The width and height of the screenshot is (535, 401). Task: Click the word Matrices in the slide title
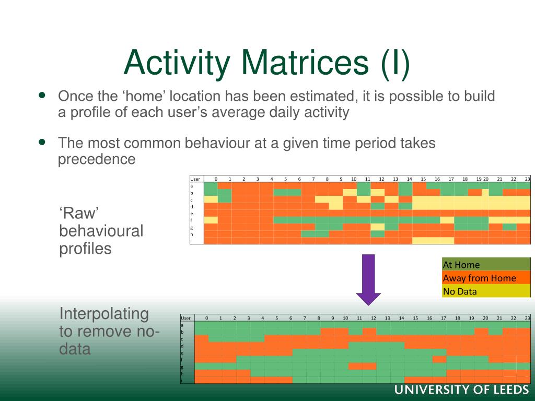point(305,63)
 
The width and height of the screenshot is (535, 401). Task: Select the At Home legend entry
point(486,264)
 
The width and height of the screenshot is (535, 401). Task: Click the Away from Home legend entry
point(486,278)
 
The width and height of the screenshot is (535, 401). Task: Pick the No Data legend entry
point(486,291)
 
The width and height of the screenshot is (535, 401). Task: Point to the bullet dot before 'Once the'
point(42,95)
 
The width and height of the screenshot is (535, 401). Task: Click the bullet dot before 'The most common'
point(42,142)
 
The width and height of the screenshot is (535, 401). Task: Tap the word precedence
point(97,159)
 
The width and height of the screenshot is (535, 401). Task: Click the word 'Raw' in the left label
point(79,213)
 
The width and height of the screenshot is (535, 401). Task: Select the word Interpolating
point(104,314)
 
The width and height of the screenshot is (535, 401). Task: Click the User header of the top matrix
point(195,179)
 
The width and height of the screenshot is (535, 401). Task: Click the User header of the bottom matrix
point(185,318)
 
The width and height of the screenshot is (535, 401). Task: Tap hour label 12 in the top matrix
point(381,179)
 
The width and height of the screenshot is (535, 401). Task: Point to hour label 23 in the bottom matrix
point(527,318)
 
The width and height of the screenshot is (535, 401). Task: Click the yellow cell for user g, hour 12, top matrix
point(377,227)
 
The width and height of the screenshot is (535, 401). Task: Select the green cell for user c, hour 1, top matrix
point(225,199)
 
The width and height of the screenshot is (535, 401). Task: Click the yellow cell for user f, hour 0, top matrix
point(211,220)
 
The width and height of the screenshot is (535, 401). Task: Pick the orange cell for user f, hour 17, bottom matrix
point(439,359)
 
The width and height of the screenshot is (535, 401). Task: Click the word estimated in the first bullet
point(323,96)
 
